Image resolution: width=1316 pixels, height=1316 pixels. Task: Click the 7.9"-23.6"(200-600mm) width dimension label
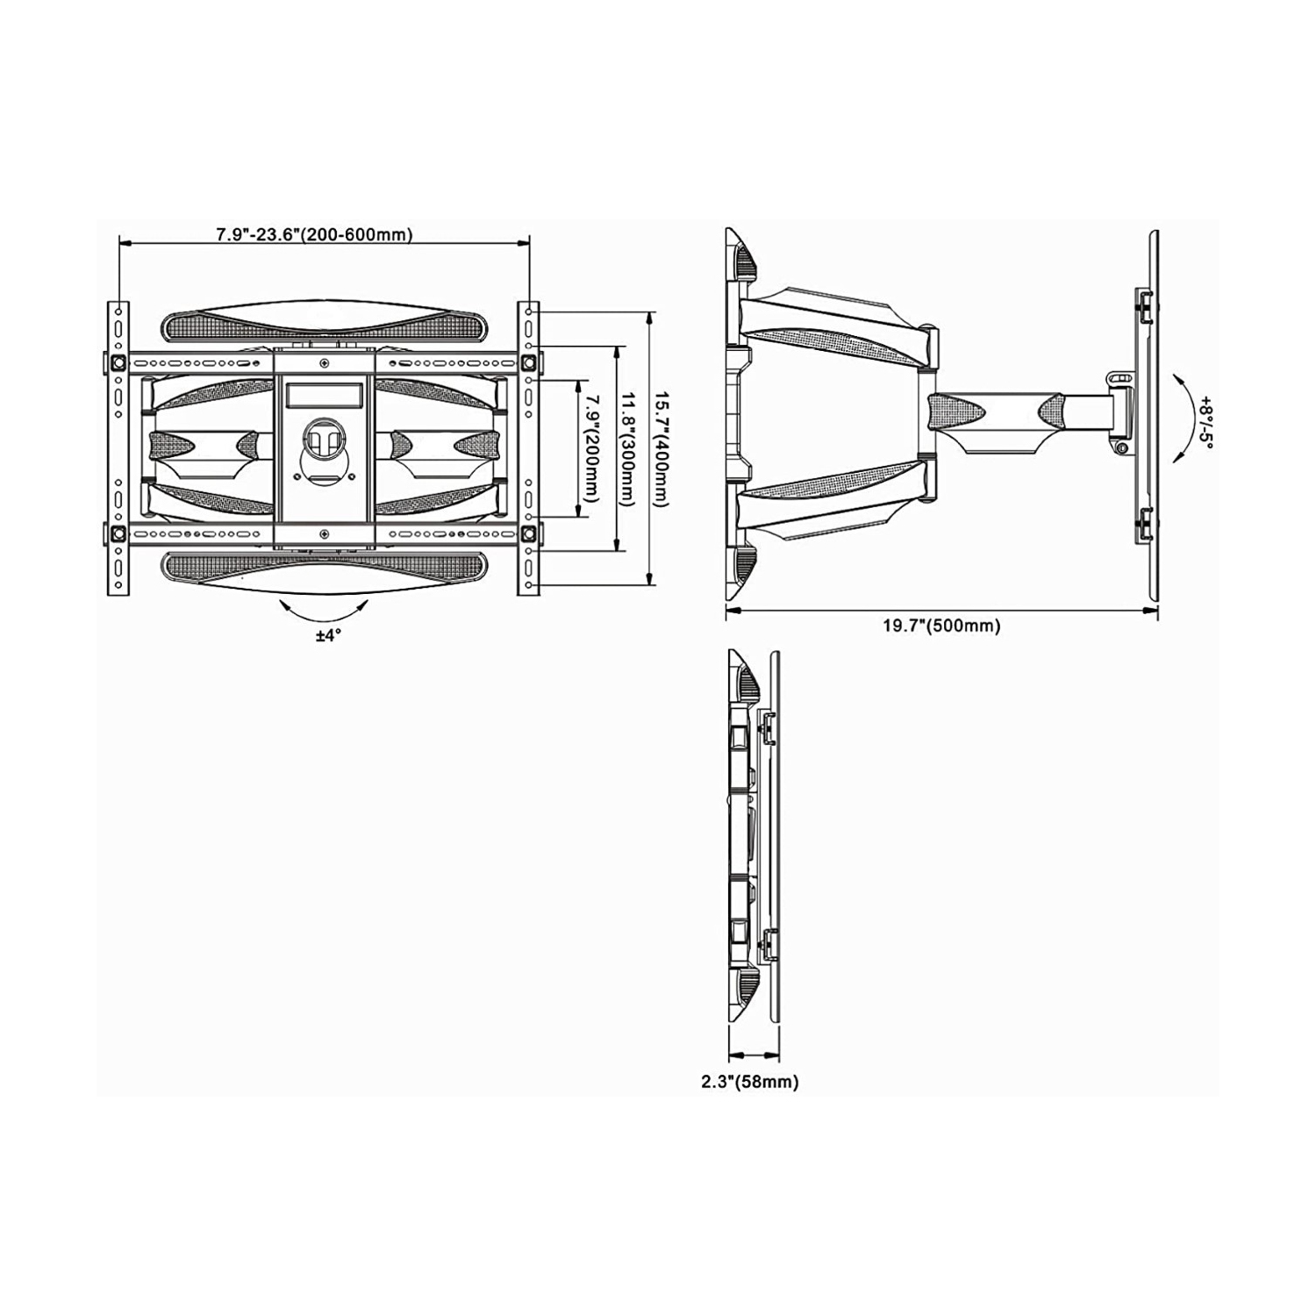[314, 234]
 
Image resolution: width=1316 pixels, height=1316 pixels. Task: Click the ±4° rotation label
[328, 635]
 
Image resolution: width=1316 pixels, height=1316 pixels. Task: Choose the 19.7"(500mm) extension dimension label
[941, 626]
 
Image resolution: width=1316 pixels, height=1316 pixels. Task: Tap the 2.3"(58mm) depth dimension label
[749, 1082]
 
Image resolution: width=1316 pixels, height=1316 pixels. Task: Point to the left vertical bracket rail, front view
[118, 448]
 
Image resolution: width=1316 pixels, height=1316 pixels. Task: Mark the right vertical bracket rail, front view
[528, 448]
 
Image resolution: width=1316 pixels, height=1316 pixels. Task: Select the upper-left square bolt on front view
[118, 361]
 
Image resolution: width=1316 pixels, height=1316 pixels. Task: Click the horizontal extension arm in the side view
[1018, 412]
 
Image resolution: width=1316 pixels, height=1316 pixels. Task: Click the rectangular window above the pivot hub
[324, 396]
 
